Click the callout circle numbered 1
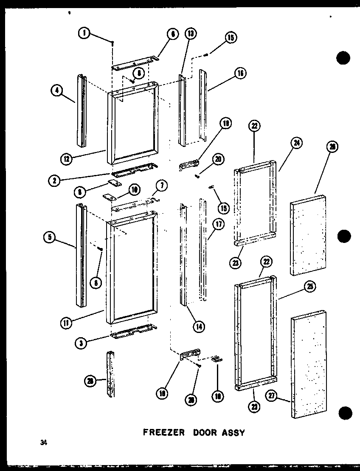tap(84, 33)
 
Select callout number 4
tap(56, 90)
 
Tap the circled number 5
tap(50, 237)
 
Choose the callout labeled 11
tap(66, 322)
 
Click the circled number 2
tap(54, 180)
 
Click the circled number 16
tap(240, 73)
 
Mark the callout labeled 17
tap(218, 224)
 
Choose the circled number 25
tap(310, 287)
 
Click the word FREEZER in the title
tap(163, 433)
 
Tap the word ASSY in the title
tap(231, 433)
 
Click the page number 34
tap(43, 443)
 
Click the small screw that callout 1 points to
tap(112, 43)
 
